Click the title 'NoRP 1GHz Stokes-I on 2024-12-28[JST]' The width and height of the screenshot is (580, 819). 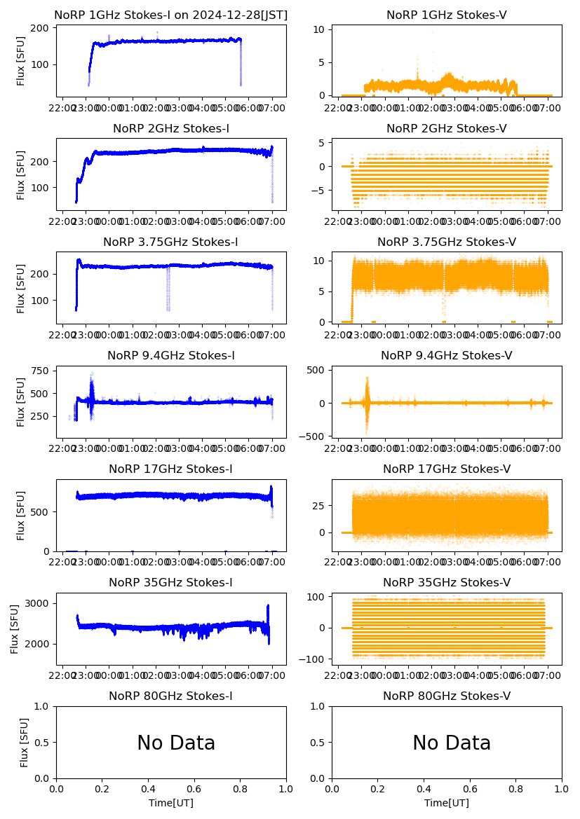click(170, 15)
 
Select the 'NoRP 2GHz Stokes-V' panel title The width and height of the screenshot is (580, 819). click(446, 128)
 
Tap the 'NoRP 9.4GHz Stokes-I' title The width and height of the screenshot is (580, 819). click(170, 355)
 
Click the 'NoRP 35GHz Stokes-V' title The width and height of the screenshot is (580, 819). click(446, 582)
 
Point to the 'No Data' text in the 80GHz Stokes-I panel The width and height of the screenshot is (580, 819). click(176, 743)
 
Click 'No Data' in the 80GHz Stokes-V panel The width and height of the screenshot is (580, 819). click(452, 743)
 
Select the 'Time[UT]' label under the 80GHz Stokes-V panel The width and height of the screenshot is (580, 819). click(447, 803)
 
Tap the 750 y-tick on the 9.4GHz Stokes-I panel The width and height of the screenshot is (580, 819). click(40, 371)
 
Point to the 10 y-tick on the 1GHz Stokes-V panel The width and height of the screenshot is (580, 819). click(318, 29)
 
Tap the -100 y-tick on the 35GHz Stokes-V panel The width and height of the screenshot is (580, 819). click(313, 659)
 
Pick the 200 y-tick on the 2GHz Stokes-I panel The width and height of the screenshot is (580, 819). click(40, 161)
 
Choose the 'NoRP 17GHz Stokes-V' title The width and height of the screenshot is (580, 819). click(446, 469)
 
